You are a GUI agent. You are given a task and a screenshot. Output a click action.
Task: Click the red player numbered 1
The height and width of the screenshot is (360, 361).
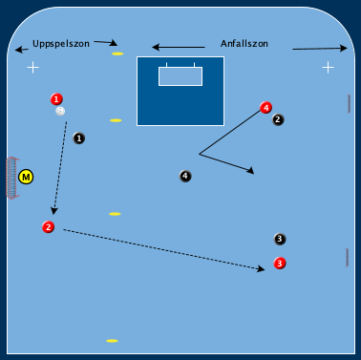click(x=56, y=99)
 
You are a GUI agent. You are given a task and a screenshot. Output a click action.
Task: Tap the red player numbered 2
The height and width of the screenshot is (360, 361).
click(x=48, y=227)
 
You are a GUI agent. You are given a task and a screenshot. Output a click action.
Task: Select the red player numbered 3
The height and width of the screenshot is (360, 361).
click(x=279, y=263)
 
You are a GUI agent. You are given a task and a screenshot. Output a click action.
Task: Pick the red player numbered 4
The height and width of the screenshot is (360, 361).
click(x=265, y=108)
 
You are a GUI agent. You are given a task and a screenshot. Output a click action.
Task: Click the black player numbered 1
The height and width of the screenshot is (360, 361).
click(x=78, y=138)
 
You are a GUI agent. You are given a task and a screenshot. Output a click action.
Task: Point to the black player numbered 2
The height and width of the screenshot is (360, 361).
click(x=277, y=120)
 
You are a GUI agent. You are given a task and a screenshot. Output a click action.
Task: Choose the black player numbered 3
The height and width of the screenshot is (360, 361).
click(x=279, y=239)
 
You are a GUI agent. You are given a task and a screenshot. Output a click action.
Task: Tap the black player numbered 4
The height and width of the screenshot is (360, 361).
click(x=184, y=176)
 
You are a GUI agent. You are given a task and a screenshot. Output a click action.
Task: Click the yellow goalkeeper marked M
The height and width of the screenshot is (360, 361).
click(x=26, y=177)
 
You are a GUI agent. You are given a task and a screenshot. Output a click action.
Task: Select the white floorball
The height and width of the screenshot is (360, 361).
click(x=60, y=112)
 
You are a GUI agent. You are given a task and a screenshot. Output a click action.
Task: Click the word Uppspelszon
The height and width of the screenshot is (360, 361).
click(x=59, y=44)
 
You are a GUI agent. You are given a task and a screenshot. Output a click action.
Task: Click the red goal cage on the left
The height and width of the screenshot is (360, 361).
click(x=11, y=178)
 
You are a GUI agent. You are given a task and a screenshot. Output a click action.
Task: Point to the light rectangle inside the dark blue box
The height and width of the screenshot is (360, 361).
click(x=180, y=75)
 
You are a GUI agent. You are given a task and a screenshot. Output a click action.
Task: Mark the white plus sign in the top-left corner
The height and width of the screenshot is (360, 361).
click(x=33, y=67)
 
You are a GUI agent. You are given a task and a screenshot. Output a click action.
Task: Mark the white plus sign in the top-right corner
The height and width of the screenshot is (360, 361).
click(x=328, y=67)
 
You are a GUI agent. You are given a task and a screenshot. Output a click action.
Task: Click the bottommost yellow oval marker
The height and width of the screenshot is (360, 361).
click(x=112, y=341)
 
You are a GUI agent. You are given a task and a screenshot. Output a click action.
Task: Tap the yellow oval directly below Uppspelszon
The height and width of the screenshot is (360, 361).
click(x=117, y=53)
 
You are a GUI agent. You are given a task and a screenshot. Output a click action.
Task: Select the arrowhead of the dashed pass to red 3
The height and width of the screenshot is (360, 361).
click(x=261, y=269)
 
